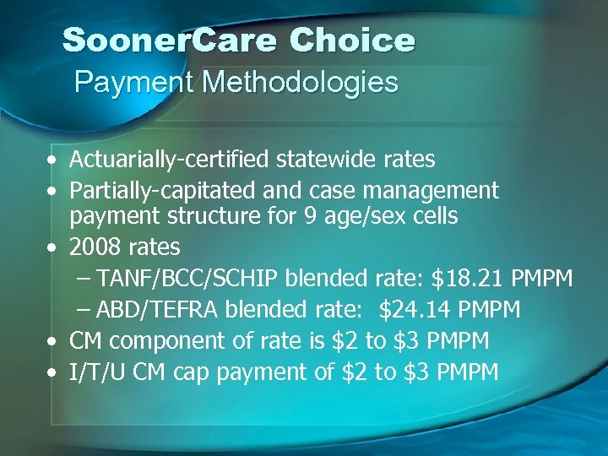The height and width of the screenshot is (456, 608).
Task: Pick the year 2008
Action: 95,247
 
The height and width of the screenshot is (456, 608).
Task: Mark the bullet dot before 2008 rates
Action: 53,247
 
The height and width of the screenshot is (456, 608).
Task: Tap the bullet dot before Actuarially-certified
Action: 53,160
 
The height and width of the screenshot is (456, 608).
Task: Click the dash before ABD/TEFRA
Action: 84,310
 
